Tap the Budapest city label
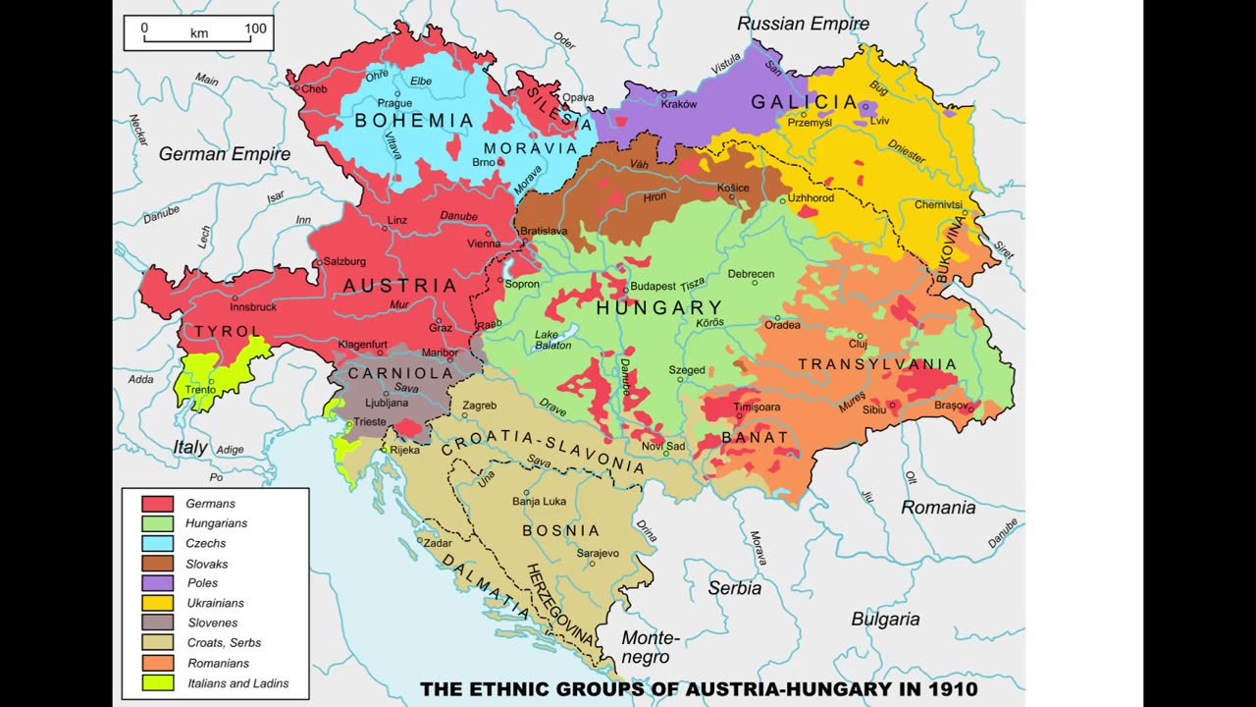(x=653, y=286)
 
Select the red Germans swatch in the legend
(x=157, y=504)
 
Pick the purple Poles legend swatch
(x=157, y=583)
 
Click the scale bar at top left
(x=199, y=32)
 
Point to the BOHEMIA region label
(x=413, y=121)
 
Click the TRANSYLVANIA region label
(x=876, y=364)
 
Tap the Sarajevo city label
(x=598, y=553)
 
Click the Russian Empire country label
(x=803, y=24)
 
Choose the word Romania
(x=938, y=508)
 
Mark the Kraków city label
(x=679, y=104)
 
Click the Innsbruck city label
(x=253, y=306)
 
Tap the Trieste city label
(x=370, y=421)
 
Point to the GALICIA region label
(x=804, y=102)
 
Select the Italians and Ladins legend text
(x=237, y=683)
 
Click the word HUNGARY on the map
(x=658, y=307)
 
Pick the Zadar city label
(x=438, y=542)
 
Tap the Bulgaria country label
(x=885, y=619)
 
